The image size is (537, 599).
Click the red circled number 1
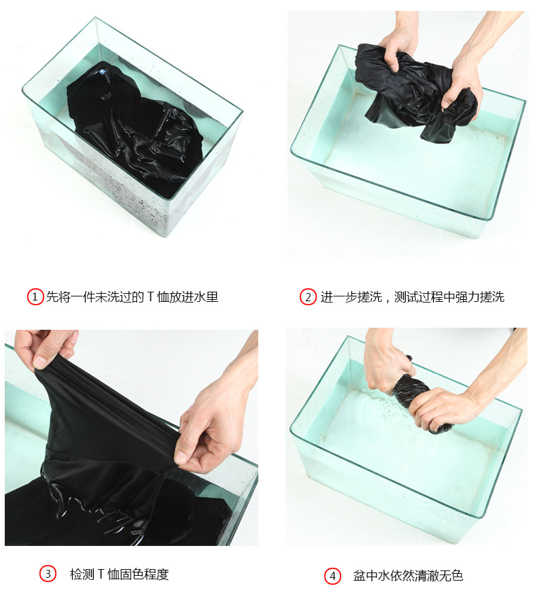(35, 297)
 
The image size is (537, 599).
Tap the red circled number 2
(308, 297)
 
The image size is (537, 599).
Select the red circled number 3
(48, 574)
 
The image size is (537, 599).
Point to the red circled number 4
(332, 576)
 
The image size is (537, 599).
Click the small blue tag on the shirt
(102, 71)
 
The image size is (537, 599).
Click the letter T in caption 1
(150, 297)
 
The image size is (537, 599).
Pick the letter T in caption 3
(101, 574)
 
